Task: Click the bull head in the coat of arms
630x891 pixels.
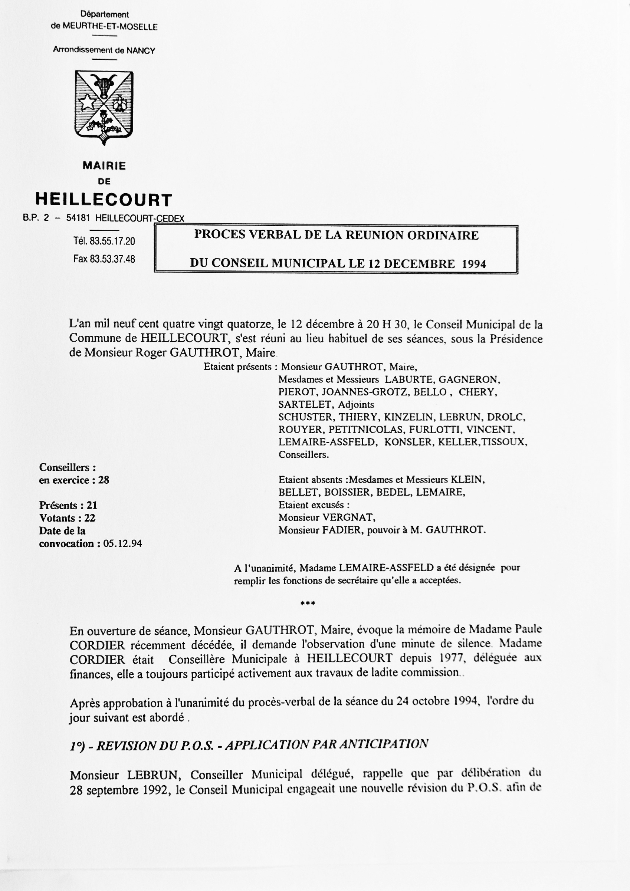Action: pos(104,84)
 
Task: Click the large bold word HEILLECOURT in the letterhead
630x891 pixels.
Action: pos(104,200)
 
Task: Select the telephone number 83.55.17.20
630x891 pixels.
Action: pos(112,241)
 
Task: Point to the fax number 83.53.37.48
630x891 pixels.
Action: pos(112,259)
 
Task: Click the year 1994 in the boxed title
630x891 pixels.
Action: pos(473,264)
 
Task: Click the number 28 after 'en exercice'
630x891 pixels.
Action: pos(104,480)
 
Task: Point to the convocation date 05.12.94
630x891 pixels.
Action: pos(123,543)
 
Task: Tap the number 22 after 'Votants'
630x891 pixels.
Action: pos(90,518)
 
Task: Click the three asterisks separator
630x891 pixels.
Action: pos(308,604)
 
